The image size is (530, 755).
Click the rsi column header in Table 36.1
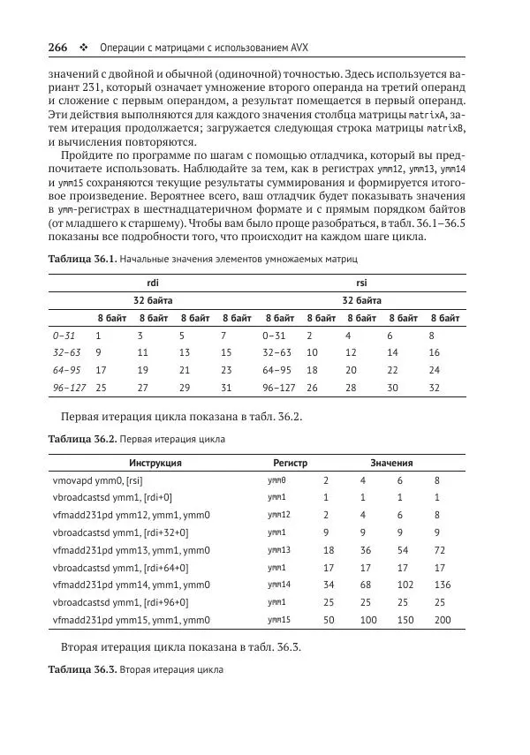pyautogui.click(x=360, y=283)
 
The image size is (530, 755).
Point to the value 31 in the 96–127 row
pyautogui.click(x=225, y=387)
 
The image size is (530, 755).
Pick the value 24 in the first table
pyautogui.click(x=434, y=370)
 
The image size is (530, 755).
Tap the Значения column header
pyautogui.click(x=391, y=463)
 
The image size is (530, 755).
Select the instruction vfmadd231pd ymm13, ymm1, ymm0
pyautogui.click(x=131, y=550)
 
